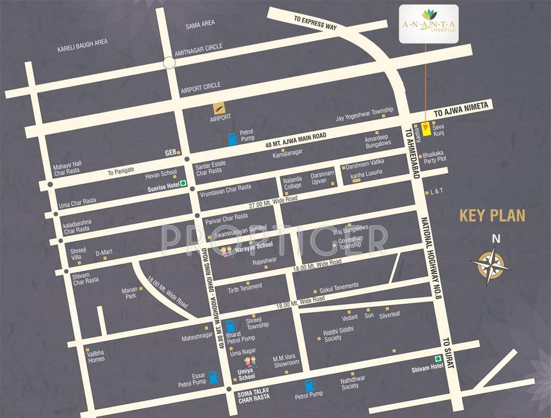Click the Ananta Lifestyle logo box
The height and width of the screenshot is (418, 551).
tap(429, 24)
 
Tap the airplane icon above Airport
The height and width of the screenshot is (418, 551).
tap(219, 108)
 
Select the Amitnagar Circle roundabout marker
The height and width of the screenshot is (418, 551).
tap(169, 63)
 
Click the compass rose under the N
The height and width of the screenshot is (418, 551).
tap(491, 266)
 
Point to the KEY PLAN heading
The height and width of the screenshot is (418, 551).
tap(492, 216)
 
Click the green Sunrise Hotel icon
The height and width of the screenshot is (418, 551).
tap(183, 183)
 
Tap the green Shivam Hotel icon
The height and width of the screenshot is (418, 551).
tap(437, 358)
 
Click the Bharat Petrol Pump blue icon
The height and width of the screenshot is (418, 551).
tap(231, 326)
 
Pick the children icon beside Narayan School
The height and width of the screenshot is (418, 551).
tap(227, 251)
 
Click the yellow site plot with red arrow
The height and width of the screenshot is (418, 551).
tap(426, 129)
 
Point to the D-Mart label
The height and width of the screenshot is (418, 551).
tap(104, 253)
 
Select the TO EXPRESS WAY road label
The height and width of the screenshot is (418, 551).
tap(315, 22)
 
